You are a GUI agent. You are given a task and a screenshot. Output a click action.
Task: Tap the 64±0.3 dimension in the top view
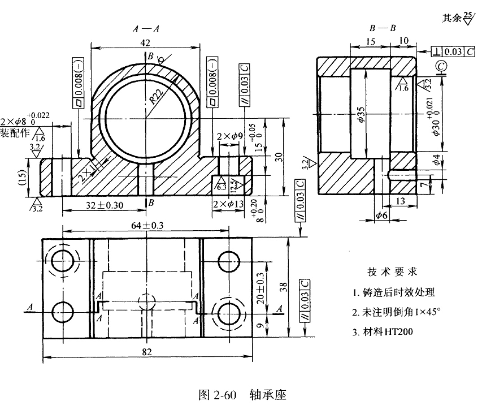click(x=146, y=225)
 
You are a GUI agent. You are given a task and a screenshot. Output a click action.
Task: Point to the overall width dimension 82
click(x=146, y=352)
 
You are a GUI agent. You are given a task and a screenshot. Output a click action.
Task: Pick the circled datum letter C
click(x=442, y=68)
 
